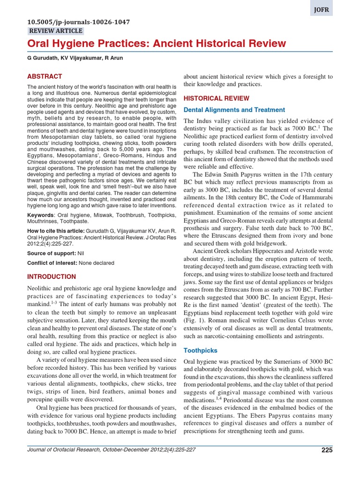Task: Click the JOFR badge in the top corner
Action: (x=321, y=8)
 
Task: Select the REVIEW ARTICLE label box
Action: (x=56, y=31)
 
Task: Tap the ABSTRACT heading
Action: (x=45, y=76)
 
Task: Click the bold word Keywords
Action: (x=40, y=215)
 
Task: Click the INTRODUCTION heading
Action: (x=52, y=277)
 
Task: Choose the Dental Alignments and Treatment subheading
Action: (x=234, y=110)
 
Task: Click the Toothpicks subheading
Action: (x=200, y=350)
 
